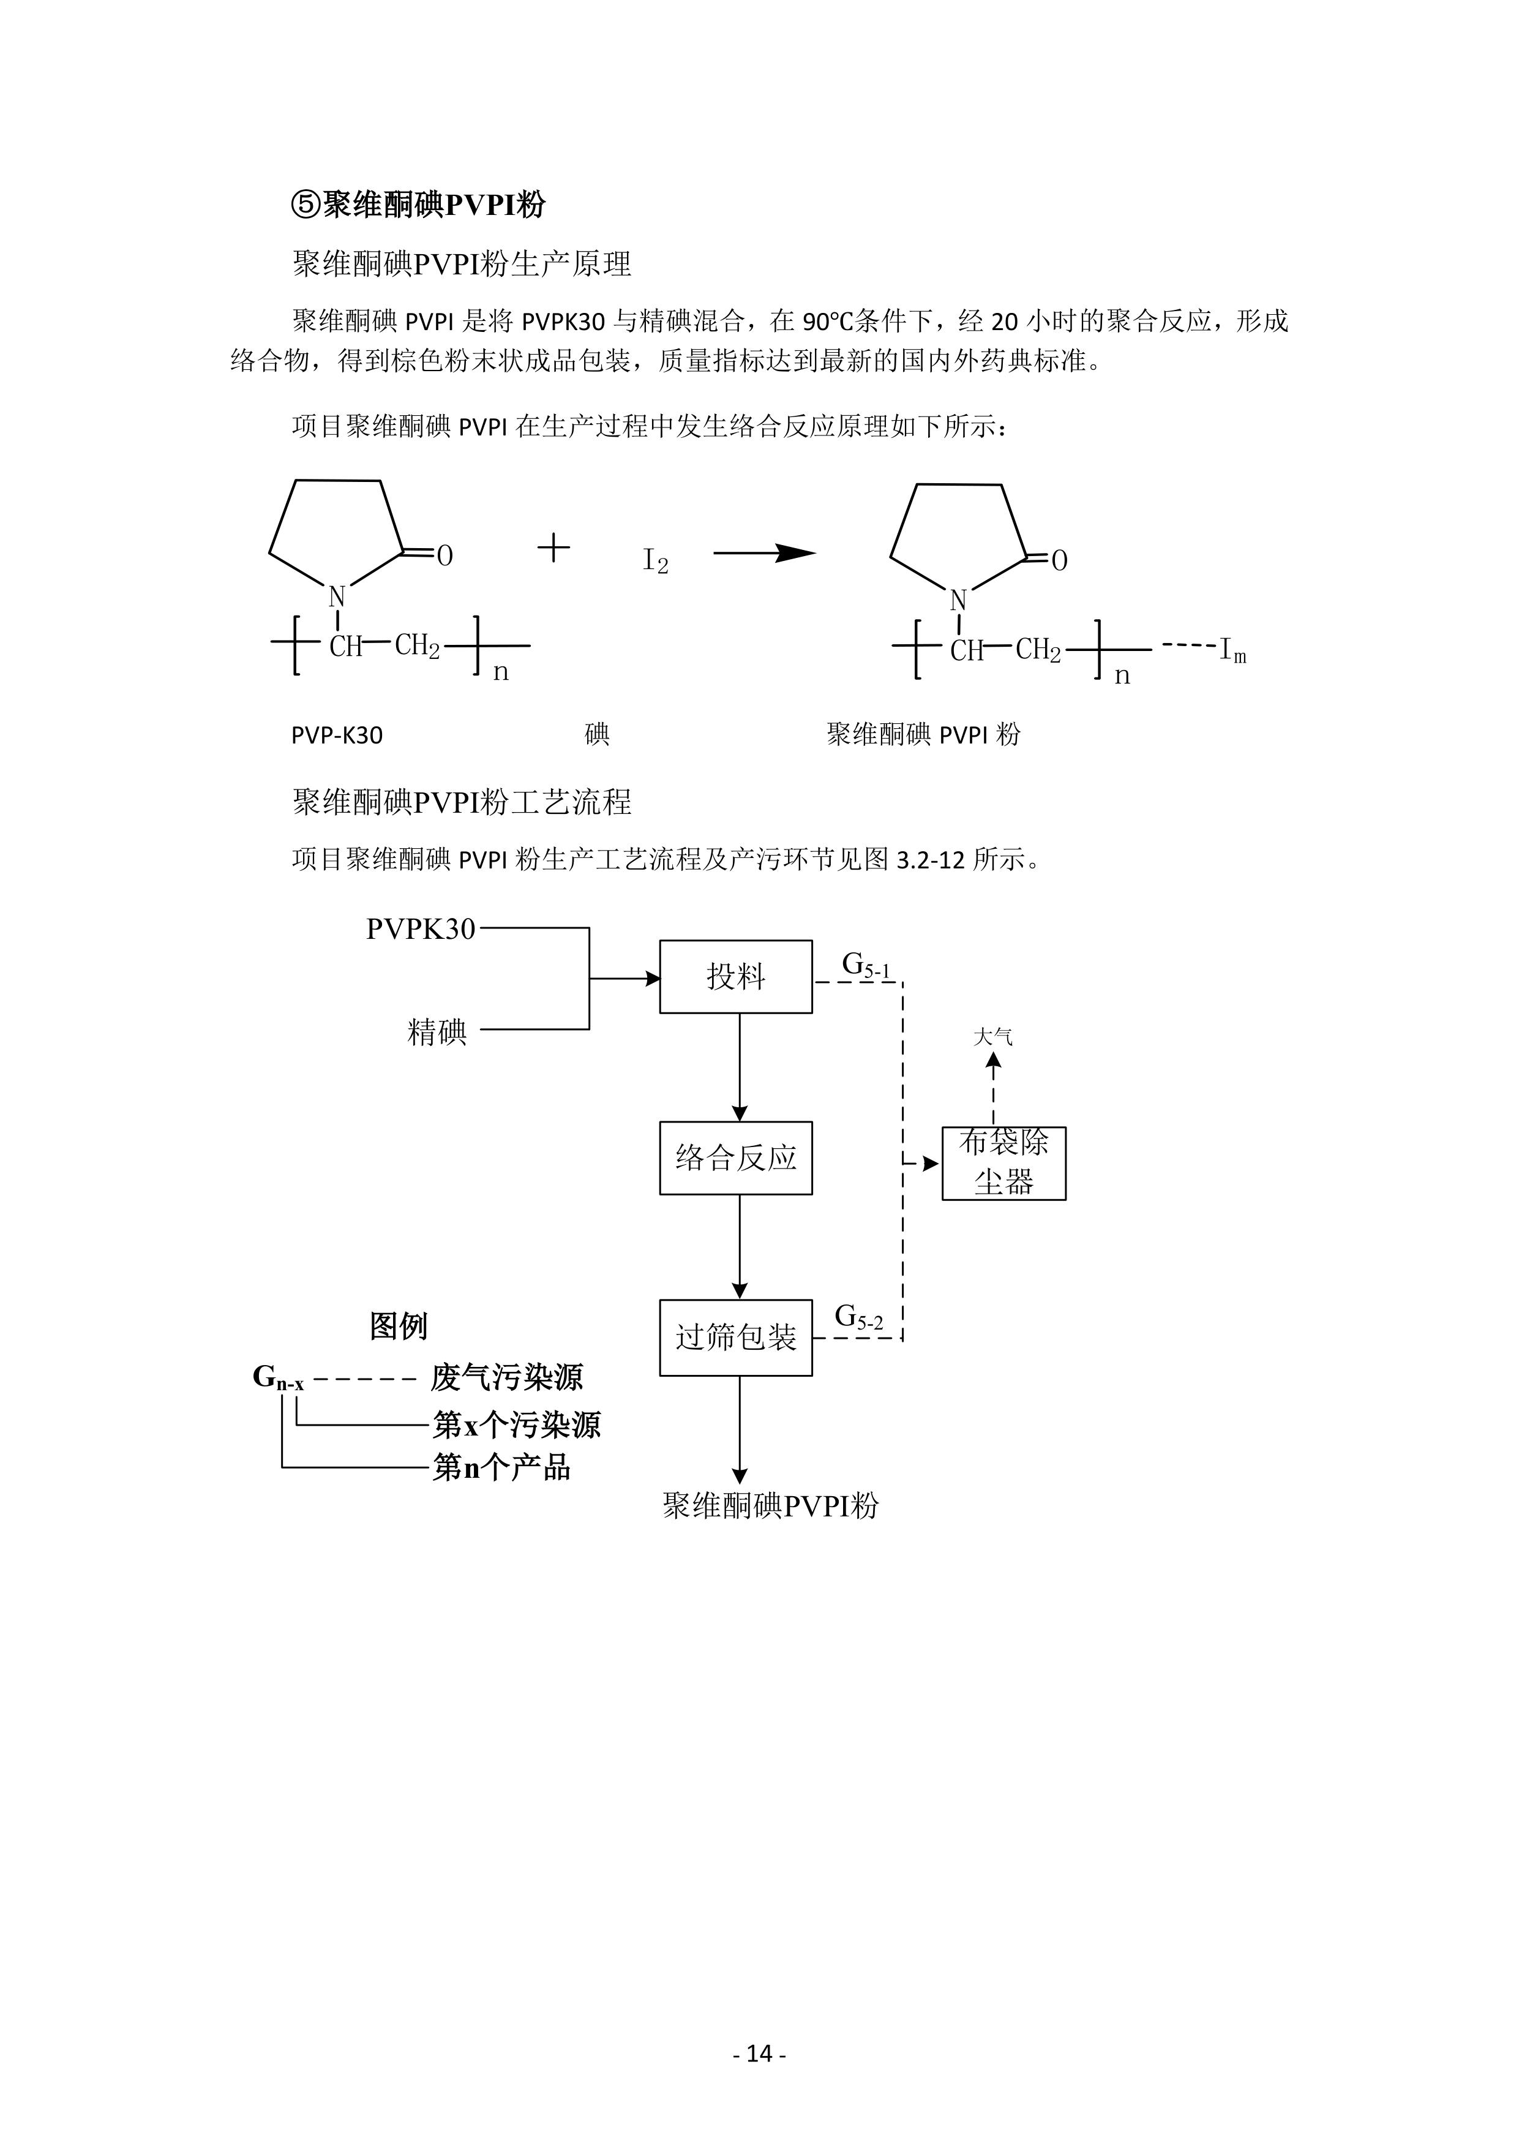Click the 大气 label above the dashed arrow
click(993, 1037)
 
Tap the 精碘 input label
click(437, 1033)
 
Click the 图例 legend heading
click(398, 1327)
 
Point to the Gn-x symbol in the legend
click(278, 1379)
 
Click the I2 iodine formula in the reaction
click(655, 560)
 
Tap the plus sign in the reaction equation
click(554, 548)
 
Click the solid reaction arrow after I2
click(765, 553)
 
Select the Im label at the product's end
click(1232, 652)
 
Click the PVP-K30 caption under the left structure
click(337, 736)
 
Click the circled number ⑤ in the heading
click(307, 204)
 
